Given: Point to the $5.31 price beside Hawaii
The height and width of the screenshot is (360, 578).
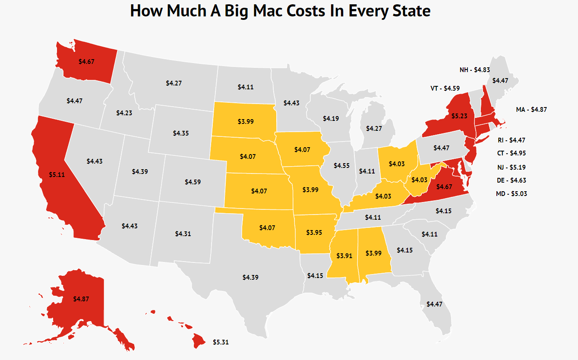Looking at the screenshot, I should pos(221,342).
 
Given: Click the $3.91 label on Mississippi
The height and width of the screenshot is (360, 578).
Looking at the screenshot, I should pos(344,256).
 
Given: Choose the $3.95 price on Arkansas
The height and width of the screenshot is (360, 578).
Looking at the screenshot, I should pos(314,232).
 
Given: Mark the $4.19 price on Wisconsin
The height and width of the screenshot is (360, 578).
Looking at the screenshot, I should pos(331,118).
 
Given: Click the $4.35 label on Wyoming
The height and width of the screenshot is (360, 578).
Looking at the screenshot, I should pos(180,133).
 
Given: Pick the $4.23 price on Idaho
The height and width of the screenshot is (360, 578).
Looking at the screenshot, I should pos(124,113).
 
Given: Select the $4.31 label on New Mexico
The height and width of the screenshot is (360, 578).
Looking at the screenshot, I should pos(183,234).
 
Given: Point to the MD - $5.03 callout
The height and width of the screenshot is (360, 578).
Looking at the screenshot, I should pos(511,193).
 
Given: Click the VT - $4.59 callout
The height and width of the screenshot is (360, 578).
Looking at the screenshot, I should pos(445,88).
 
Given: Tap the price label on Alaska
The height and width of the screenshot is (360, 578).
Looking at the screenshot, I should pos(81,299).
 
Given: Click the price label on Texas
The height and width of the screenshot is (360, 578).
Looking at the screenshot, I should pos(250,277).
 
